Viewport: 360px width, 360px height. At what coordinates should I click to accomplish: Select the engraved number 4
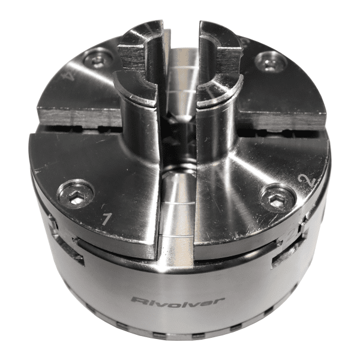coord(70,77)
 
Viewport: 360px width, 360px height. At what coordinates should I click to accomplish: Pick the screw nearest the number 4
coord(98,58)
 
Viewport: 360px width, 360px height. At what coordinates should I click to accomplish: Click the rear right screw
coord(267,61)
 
